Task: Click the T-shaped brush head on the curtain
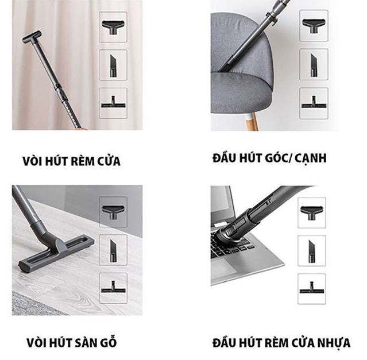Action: (32, 37)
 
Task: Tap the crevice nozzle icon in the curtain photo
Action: (113, 65)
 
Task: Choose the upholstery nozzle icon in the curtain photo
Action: (113, 27)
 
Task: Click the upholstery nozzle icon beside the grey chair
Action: (314, 26)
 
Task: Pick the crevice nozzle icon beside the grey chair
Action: (314, 65)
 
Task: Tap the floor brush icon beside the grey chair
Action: (314, 103)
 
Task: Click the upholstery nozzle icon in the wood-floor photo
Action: (113, 212)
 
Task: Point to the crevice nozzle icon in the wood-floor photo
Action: (113, 250)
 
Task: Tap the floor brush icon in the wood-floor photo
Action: (113, 288)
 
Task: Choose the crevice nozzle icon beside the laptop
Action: (312, 251)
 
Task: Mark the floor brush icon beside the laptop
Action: (312, 289)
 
